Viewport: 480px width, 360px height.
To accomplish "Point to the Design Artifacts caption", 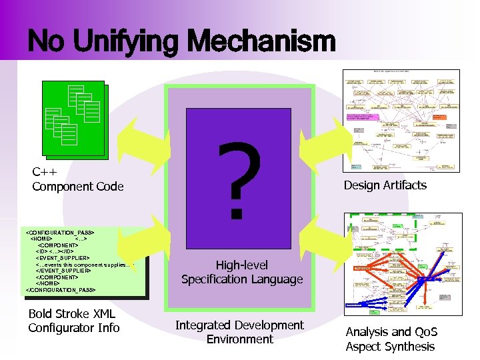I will [x=385, y=185].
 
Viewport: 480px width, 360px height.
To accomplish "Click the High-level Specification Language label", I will [x=241, y=272].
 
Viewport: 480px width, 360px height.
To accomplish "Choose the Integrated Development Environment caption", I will [x=239, y=332].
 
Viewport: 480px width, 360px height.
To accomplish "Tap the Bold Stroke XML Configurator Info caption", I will [x=73, y=321].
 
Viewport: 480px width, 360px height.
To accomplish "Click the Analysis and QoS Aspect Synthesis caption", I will [x=390, y=339].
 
